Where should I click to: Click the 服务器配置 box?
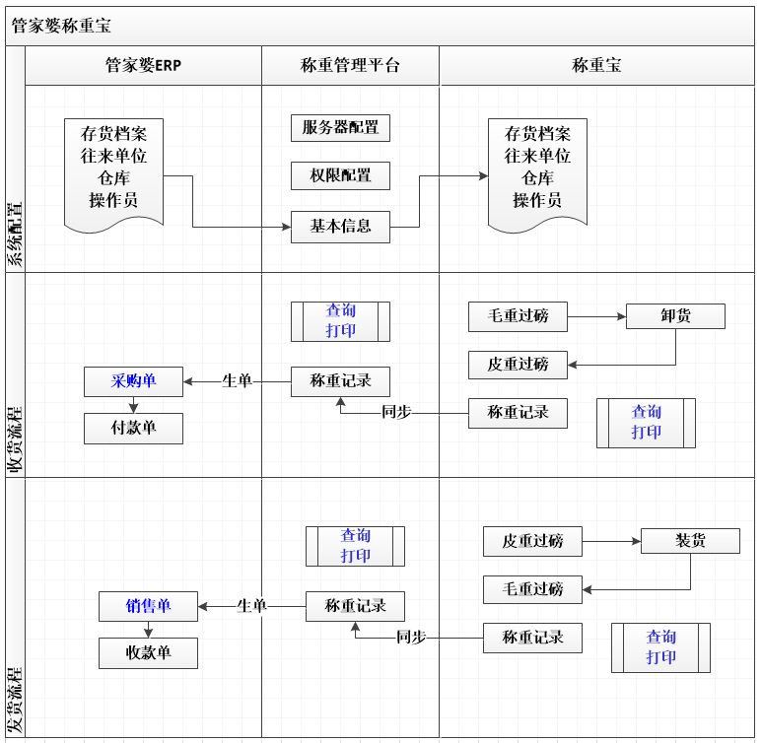pos(340,127)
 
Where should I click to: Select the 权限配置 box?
pos(340,175)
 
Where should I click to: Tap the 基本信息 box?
pos(340,226)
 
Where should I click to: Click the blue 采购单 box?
pos(133,380)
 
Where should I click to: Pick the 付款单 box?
pos(133,428)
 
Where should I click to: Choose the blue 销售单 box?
pos(148,605)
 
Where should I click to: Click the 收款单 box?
pos(148,652)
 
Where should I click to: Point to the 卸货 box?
pos(675,316)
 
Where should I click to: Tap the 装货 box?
pos(690,541)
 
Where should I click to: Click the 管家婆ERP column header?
pos(143,66)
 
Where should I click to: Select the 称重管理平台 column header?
pos(350,66)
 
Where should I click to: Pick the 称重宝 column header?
pos(596,66)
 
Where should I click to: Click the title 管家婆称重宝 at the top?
pos(61,26)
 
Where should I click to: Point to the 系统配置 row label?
pos(15,235)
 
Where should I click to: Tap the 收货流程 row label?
pos(15,439)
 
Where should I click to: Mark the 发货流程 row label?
pos(15,700)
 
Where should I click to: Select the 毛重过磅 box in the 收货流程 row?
pos(518,316)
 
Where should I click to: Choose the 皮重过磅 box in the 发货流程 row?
pos(532,541)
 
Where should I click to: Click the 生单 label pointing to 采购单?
pos(237,380)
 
